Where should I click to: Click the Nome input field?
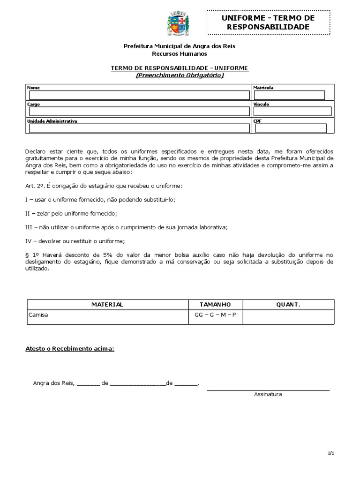tap(139, 95)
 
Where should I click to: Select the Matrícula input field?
tap(289, 95)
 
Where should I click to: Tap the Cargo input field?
tap(139, 112)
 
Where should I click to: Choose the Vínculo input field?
tap(292, 112)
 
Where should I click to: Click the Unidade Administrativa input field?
tap(139, 128)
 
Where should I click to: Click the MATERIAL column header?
tap(107, 305)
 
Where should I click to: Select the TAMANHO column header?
tap(215, 305)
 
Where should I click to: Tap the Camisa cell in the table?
tap(38, 315)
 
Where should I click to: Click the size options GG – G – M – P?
tap(215, 315)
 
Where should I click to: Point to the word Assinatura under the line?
tap(268, 395)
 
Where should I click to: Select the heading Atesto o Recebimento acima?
tap(69, 349)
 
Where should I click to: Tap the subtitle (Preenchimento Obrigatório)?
tap(180, 75)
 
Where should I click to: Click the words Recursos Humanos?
tap(179, 54)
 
